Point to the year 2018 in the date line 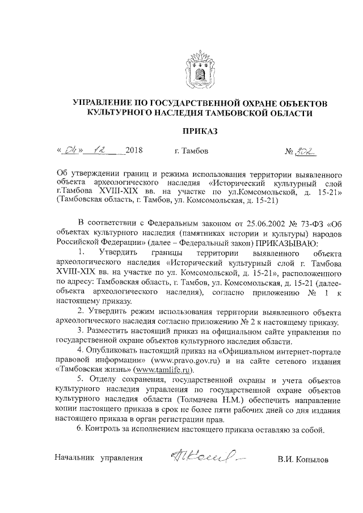point(133,151)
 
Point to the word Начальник point(75,457)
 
